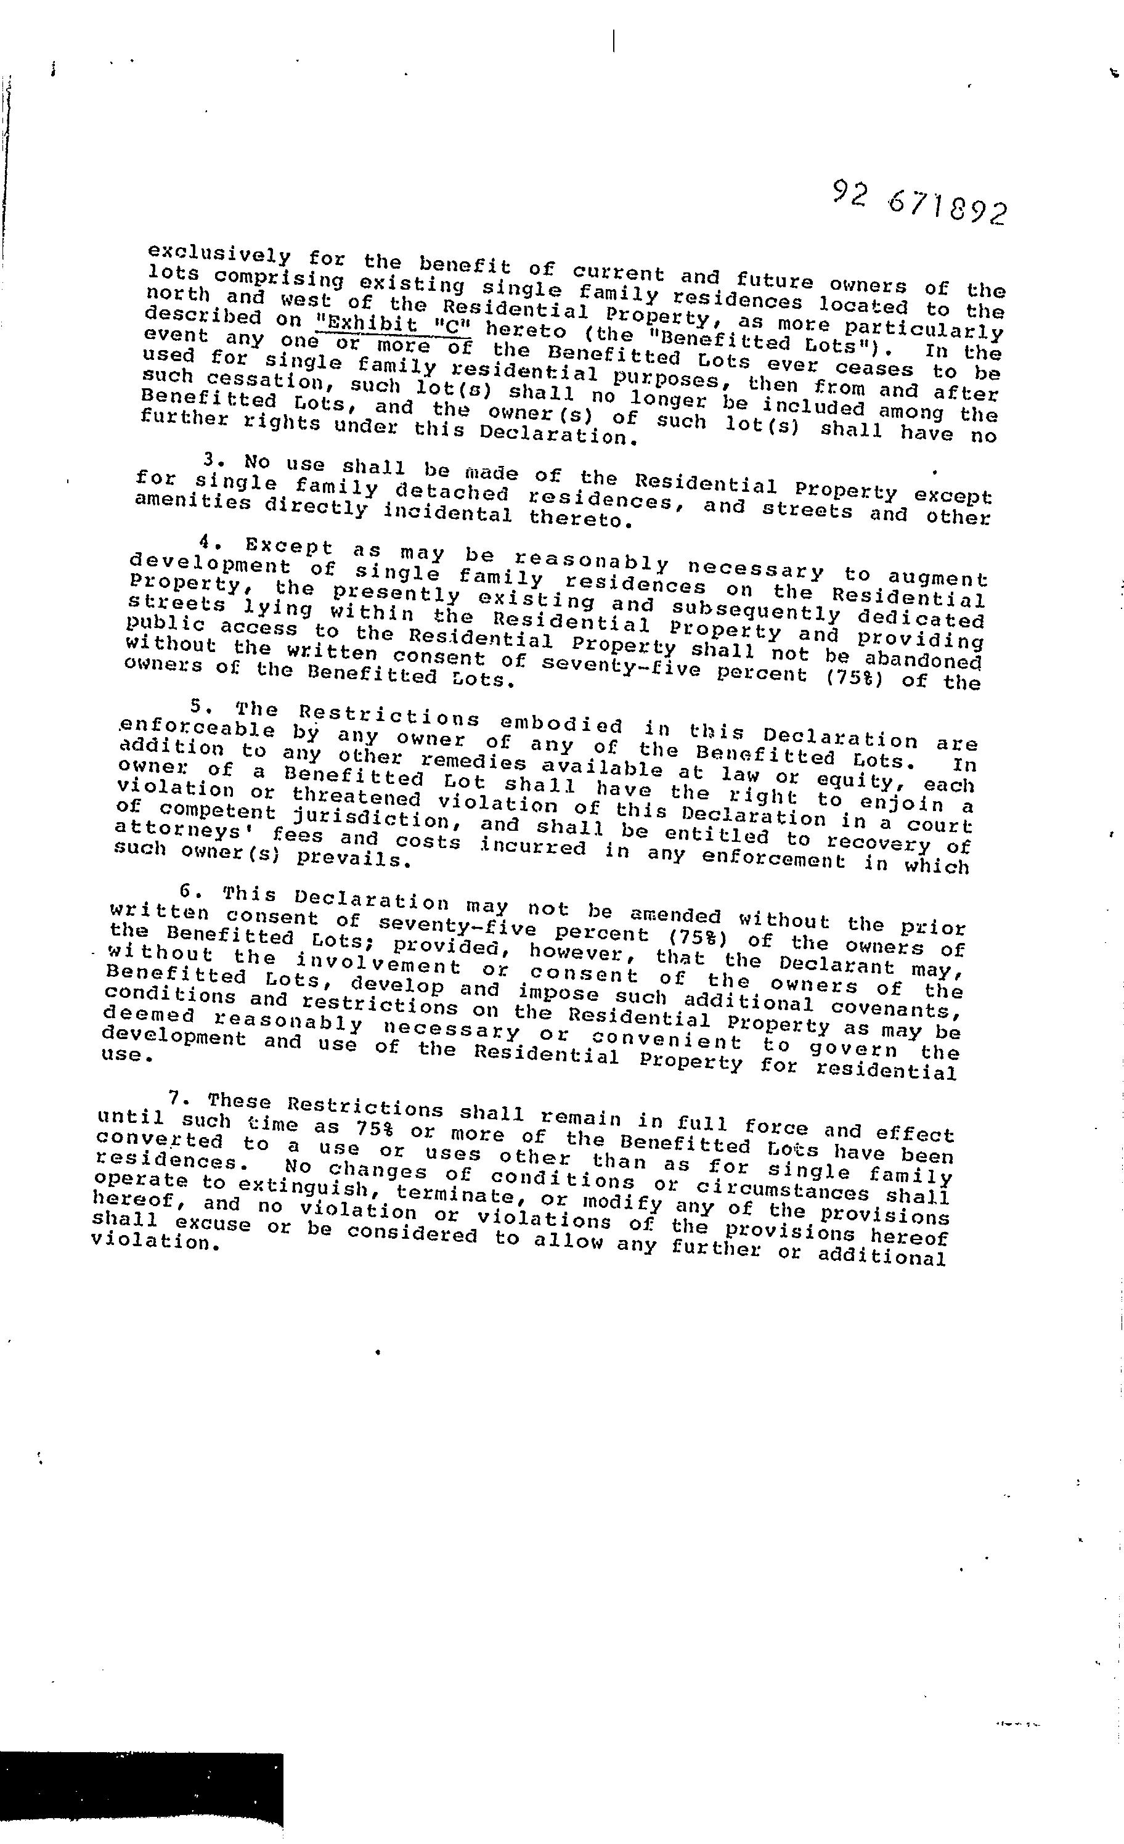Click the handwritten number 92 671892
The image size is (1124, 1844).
[919, 203]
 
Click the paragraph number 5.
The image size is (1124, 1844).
[197, 705]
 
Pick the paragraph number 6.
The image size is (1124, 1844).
[187, 891]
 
